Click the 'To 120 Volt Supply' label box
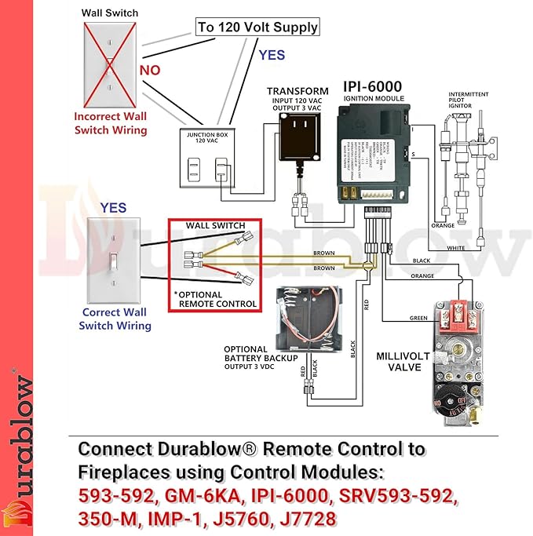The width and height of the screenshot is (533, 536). click(x=257, y=27)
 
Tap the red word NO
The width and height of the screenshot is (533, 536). click(x=150, y=71)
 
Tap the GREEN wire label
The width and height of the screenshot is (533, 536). click(x=419, y=318)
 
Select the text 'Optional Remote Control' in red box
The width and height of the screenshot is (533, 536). click(x=217, y=299)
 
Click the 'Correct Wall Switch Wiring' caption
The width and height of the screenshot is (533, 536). click(x=115, y=320)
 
